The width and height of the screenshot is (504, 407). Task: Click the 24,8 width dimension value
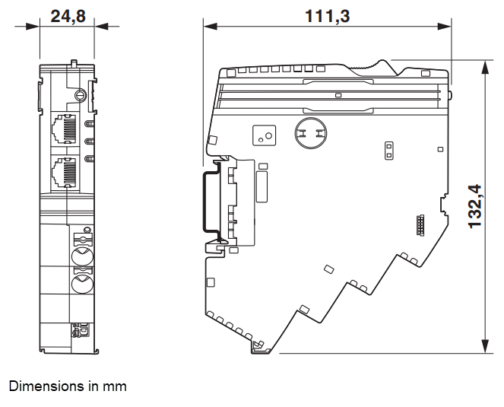pyautogui.click(x=68, y=15)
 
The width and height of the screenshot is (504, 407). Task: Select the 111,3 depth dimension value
pyautogui.click(x=328, y=15)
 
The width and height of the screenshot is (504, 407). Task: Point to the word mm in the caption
pyautogui.click(x=116, y=386)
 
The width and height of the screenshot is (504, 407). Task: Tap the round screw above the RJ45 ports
pyautogui.click(x=81, y=96)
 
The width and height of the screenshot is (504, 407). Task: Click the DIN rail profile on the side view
pyautogui.click(x=207, y=202)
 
